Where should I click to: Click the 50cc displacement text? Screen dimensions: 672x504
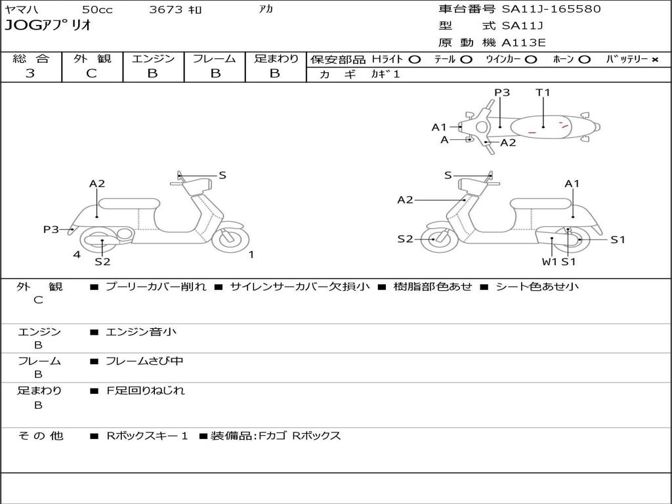pos(97,10)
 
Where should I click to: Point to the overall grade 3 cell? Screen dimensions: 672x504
pos(30,73)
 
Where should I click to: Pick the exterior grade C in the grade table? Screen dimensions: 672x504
pos(92,73)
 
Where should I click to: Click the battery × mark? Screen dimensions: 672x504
pos(654,59)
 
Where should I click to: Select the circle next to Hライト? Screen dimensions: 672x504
pos(414,59)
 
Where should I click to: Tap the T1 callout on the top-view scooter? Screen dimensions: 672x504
pos(543,93)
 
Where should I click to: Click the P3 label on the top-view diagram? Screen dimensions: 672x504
pos(502,93)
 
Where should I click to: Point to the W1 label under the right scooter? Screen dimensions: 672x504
pos(549,262)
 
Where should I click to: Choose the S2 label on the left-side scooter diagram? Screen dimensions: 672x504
pos(102,262)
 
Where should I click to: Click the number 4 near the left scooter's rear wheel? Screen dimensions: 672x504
pos(77,255)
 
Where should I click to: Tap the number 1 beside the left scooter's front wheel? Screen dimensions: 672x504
pos(251,255)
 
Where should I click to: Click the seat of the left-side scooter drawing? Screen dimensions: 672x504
pos(129,203)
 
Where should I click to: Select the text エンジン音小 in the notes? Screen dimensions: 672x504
pos(141,332)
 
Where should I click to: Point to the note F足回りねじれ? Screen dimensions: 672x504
pos(146,390)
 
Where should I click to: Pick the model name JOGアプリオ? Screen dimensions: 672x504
pos(48,26)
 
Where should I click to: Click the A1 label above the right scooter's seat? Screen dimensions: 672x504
pos(572,184)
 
